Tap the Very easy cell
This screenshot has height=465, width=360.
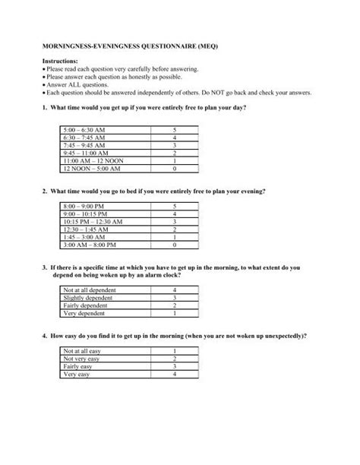[x=77, y=374]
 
